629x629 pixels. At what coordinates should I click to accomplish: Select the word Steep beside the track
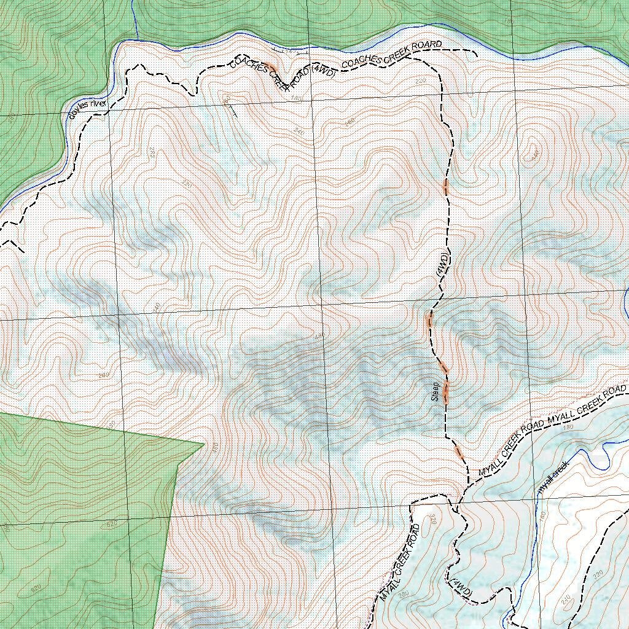pyautogui.click(x=435, y=391)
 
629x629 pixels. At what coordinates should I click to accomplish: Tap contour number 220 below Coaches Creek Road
pyautogui.click(x=421, y=80)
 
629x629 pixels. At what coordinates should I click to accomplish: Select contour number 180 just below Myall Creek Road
pyautogui.click(x=568, y=427)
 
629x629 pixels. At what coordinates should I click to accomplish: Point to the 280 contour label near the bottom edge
pyautogui.click(x=404, y=593)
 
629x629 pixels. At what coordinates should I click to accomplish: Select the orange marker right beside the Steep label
pyautogui.click(x=447, y=391)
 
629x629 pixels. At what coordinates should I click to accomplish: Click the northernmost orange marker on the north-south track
pyautogui.click(x=447, y=186)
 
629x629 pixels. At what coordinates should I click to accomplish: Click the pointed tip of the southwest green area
pyautogui.click(x=204, y=443)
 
